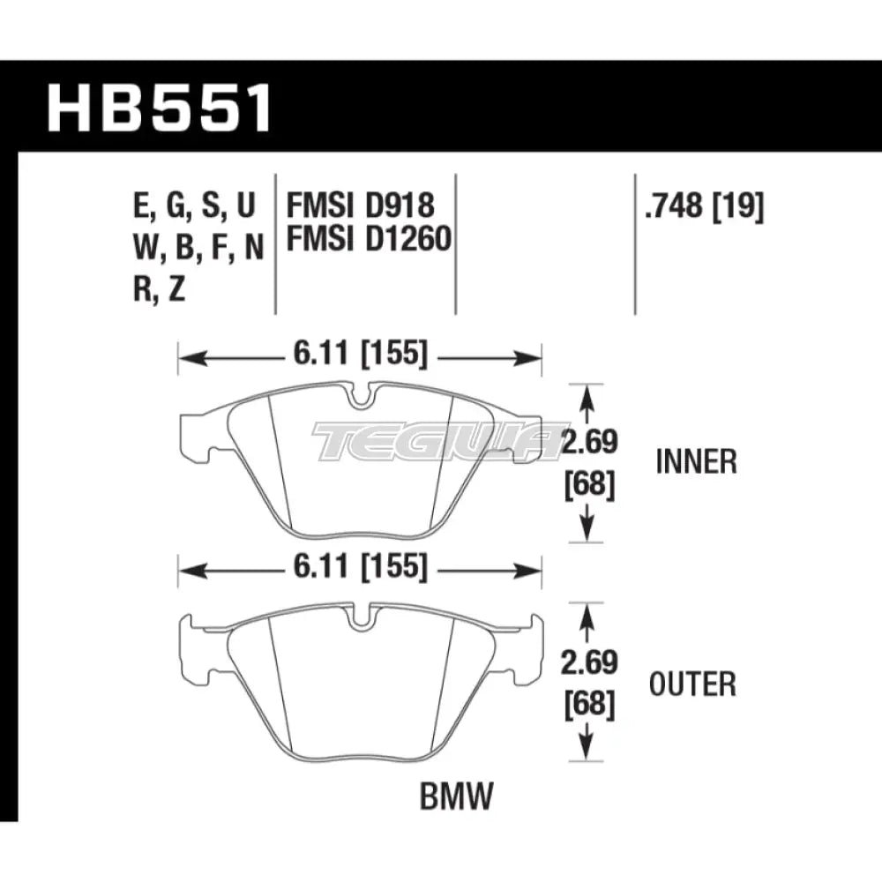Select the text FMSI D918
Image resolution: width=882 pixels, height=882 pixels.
(360, 206)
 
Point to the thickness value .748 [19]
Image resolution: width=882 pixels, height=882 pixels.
(704, 206)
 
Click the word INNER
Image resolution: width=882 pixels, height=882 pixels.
(697, 461)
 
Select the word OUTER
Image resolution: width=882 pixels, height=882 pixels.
(691, 683)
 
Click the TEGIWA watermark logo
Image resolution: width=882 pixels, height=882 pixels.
(437, 441)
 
